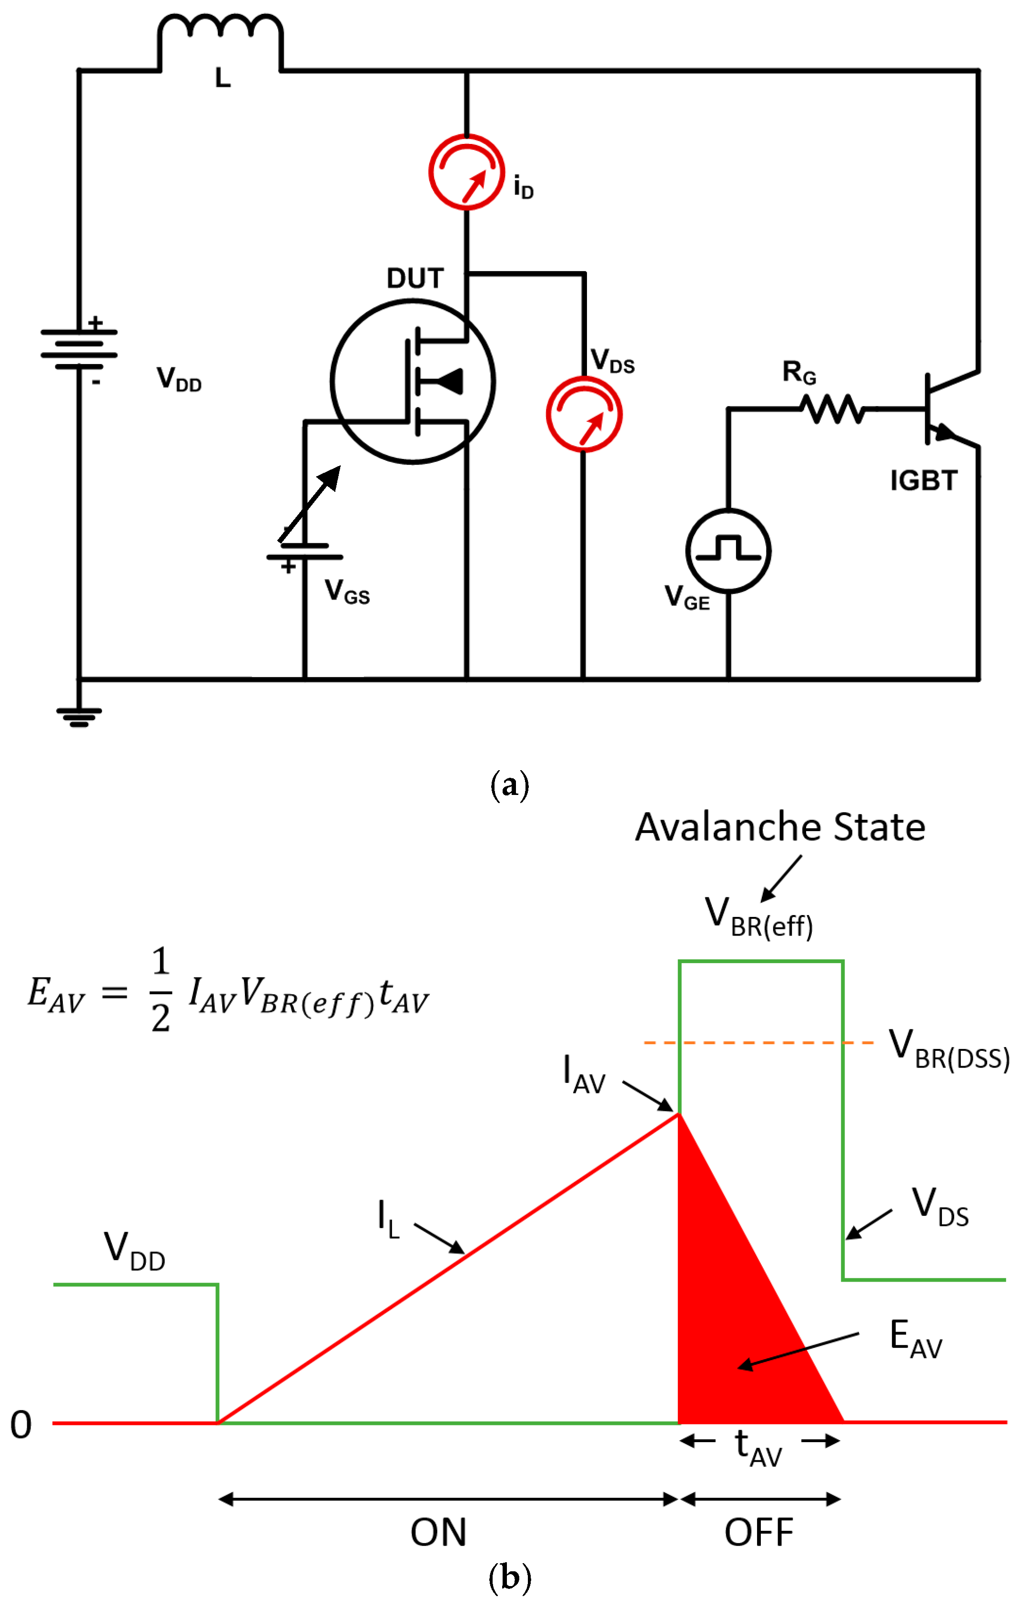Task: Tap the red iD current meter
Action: point(466,173)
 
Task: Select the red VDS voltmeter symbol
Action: point(584,414)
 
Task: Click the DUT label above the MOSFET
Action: point(415,278)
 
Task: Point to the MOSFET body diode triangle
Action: point(451,382)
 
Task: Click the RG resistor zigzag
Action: point(833,409)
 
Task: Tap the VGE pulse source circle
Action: point(728,551)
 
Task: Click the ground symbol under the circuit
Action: point(79,716)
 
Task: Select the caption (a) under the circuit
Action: point(509,784)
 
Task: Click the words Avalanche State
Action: point(780,827)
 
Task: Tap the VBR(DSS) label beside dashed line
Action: point(948,1049)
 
